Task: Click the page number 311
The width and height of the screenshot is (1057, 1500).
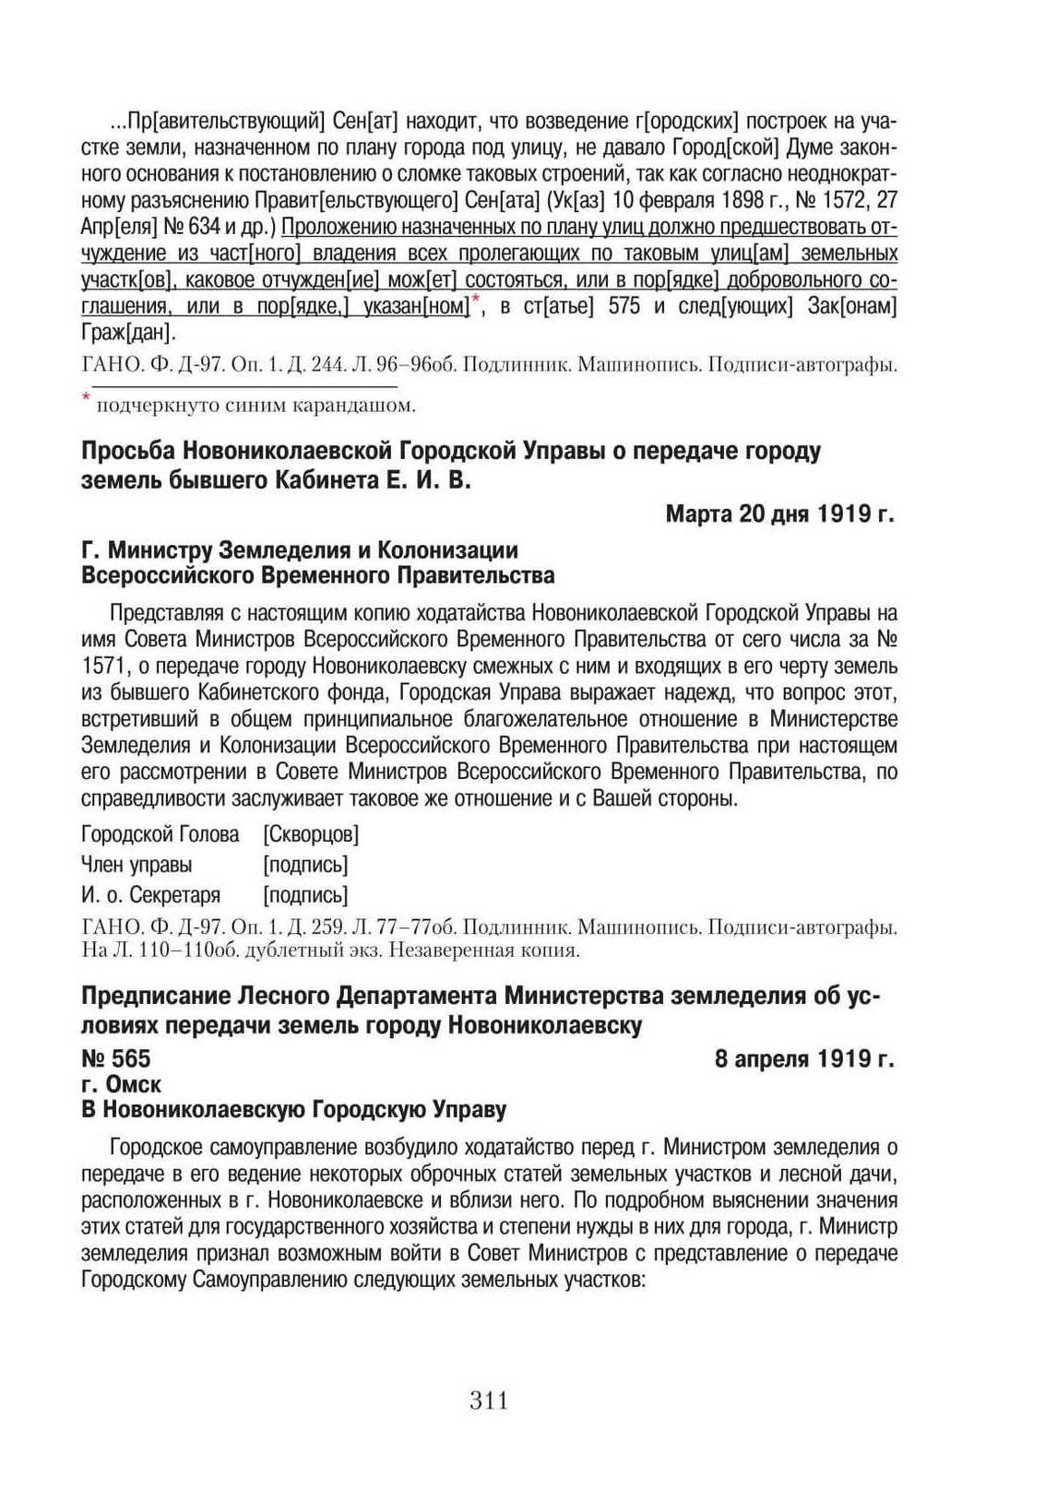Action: (489, 1400)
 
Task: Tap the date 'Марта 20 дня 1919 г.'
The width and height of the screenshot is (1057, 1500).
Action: (779, 514)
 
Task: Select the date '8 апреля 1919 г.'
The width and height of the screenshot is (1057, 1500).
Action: (804, 1058)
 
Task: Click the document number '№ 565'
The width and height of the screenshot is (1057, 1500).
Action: (116, 1058)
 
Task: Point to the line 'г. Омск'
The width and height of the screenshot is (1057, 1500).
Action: (121, 1084)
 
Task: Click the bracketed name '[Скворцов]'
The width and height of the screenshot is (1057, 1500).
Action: (311, 834)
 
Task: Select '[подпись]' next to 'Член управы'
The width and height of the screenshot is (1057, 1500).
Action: (305, 865)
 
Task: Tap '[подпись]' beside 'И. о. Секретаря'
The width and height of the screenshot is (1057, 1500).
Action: (305, 894)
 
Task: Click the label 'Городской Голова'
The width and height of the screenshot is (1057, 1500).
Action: (160, 834)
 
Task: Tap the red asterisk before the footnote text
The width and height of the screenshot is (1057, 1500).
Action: (86, 397)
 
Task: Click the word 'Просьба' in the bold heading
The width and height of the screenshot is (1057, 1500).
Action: (127, 451)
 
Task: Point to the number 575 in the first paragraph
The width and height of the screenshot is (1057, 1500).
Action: (624, 306)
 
